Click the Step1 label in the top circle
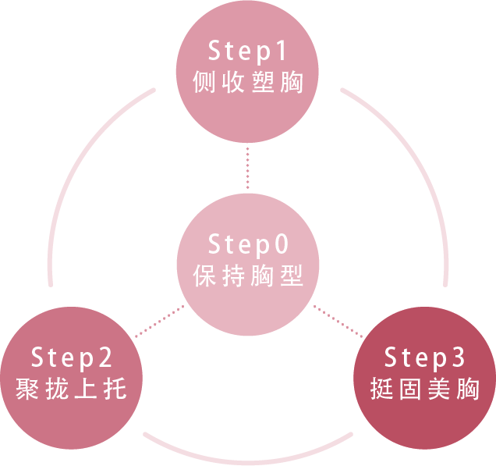pos(247,52)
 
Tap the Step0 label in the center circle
pos(247,244)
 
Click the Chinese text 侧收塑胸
pos(247,83)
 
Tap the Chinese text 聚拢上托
pos(72,389)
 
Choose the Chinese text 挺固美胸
pos(425,389)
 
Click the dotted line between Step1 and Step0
pos(247,167)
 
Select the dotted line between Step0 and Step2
pos(159,322)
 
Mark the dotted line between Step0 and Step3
pos(337,321)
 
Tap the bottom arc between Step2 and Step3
pos(248,454)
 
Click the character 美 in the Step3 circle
pos(438,389)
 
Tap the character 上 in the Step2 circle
pos(85,389)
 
